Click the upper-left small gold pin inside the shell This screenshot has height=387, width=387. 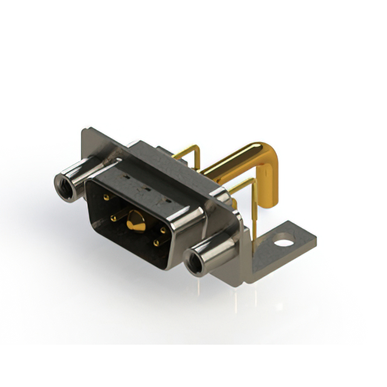pyautogui.click(x=106, y=198)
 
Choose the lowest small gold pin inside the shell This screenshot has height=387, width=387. pyautogui.click(x=156, y=243)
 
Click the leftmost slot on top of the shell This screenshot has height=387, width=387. pyautogui.click(x=127, y=177)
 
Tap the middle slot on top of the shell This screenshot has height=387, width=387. pyautogui.click(x=144, y=187)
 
